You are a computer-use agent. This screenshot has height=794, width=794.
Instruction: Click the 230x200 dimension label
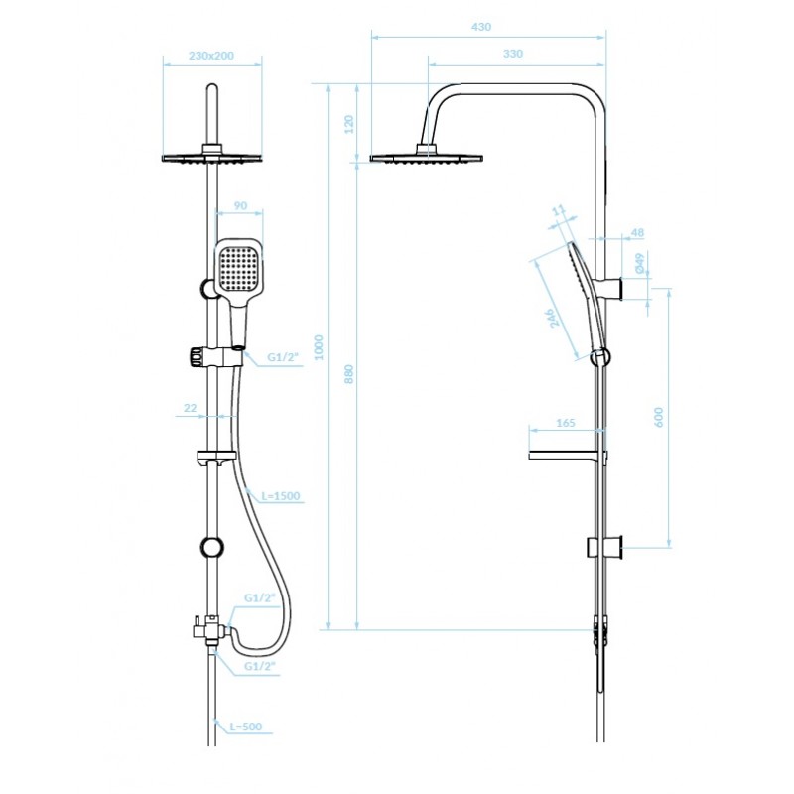pyautogui.click(x=211, y=56)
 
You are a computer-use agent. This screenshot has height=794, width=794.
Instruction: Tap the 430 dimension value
pyautogui.click(x=481, y=27)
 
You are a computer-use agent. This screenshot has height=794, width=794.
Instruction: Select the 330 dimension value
pyautogui.click(x=512, y=54)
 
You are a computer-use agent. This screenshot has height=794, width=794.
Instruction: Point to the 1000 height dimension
pyautogui.click(x=319, y=347)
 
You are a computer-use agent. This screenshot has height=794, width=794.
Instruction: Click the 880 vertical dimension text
pyautogui.click(x=349, y=374)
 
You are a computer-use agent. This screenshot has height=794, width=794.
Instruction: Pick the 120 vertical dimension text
pyautogui.click(x=349, y=125)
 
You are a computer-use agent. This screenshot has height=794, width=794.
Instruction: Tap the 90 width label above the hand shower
pyautogui.click(x=240, y=206)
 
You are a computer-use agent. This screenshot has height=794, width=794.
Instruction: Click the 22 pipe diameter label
pyautogui.click(x=190, y=408)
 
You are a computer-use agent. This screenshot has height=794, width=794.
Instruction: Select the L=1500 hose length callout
pyautogui.click(x=281, y=496)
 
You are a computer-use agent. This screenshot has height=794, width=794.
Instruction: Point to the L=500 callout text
pyautogui.click(x=246, y=727)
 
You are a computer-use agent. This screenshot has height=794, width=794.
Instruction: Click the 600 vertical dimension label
pyautogui.click(x=658, y=417)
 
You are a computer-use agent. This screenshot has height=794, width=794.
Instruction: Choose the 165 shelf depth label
pyautogui.click(x=565, y=423)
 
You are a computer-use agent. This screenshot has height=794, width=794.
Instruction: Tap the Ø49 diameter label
pyautogui.click(x=639, y=264)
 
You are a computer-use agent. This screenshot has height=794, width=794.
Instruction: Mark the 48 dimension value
pyautogui.click(x=637, y=233)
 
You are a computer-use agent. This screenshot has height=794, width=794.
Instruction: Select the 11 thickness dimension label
pyautogui.click(x=558, y=210)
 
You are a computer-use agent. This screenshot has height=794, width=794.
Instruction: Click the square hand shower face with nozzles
pyautogui.click(x=240, y=267)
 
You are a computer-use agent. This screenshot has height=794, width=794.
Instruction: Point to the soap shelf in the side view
pyautogui.click(x=568, y=455)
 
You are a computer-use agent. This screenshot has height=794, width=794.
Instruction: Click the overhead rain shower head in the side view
pyautogui.click(x=427, y=156)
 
